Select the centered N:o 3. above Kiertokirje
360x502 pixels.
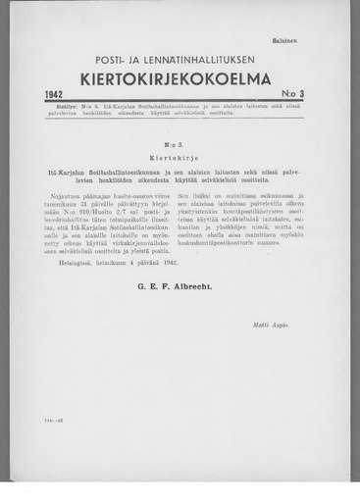[x=179, y=140]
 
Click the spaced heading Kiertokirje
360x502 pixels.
[x=179, y=156]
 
